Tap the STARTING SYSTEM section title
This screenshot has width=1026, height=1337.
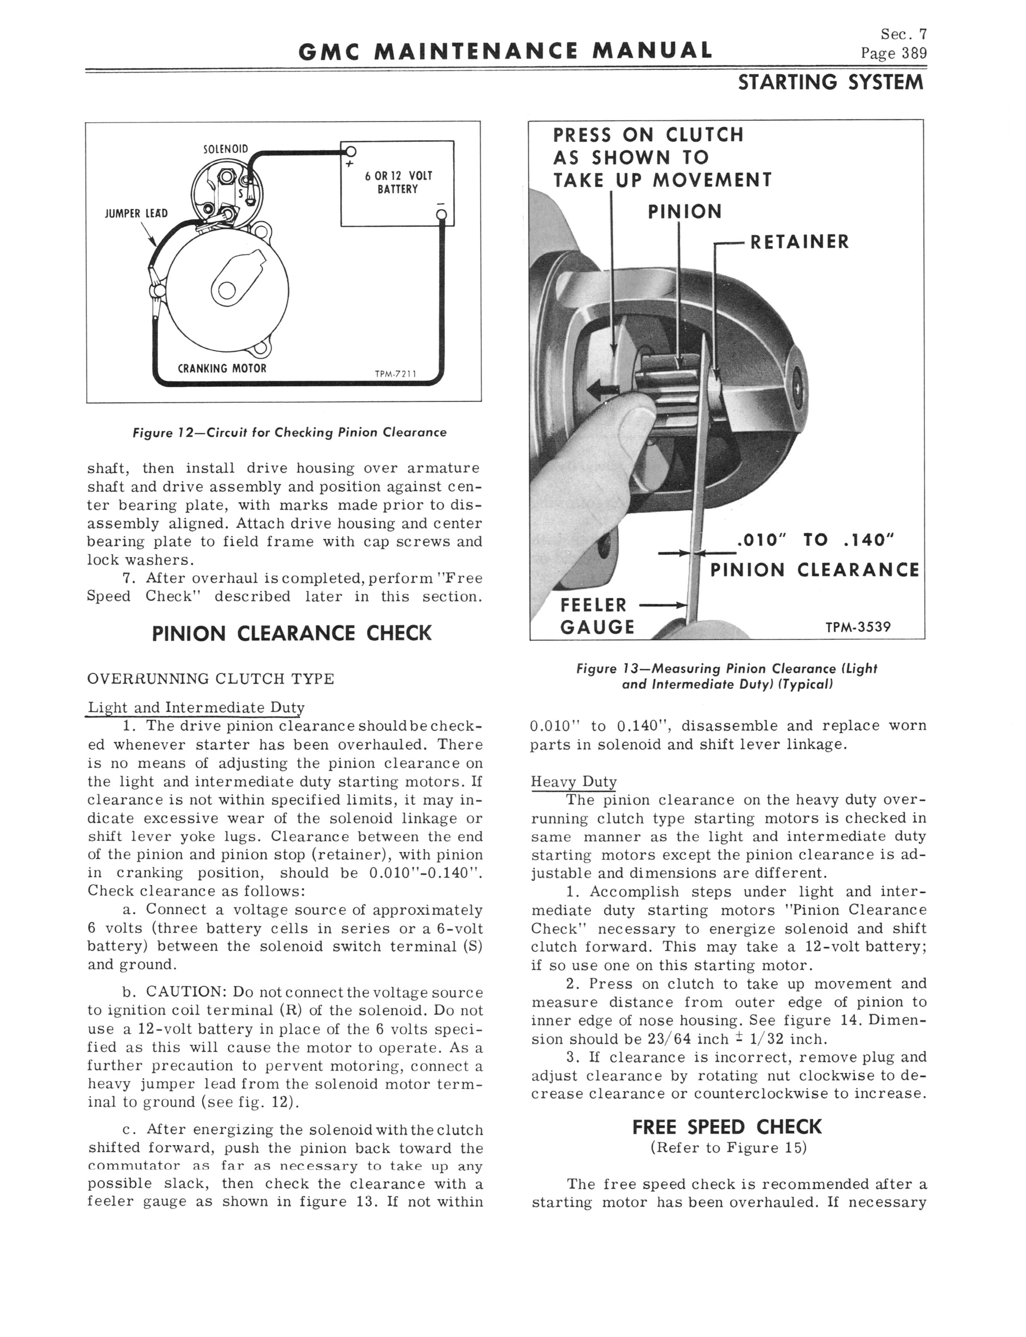pyautogui.click(x=831, y=82)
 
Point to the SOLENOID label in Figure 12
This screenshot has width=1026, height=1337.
pyautogui.click(x=225, y=149)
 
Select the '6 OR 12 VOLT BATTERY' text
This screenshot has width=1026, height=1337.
pyautogui.click(x=398, y=182)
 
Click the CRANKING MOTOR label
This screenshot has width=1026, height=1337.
pyautogui.click(x=222, y=369)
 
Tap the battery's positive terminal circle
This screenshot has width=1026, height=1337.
pyautogui.click(x=350, y=152)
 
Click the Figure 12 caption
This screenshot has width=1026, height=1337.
pyautogui.click(x=290, y=433)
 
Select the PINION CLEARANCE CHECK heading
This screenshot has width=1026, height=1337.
pyautogui.click(x=291, y=633)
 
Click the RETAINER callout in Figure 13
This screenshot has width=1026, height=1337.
pyautogui.click(x=799, y=242)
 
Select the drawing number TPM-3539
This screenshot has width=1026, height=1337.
pyautogui.click(x=858, y=626)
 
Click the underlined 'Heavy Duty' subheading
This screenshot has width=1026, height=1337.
pyautogui.click(x=573, y=782)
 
